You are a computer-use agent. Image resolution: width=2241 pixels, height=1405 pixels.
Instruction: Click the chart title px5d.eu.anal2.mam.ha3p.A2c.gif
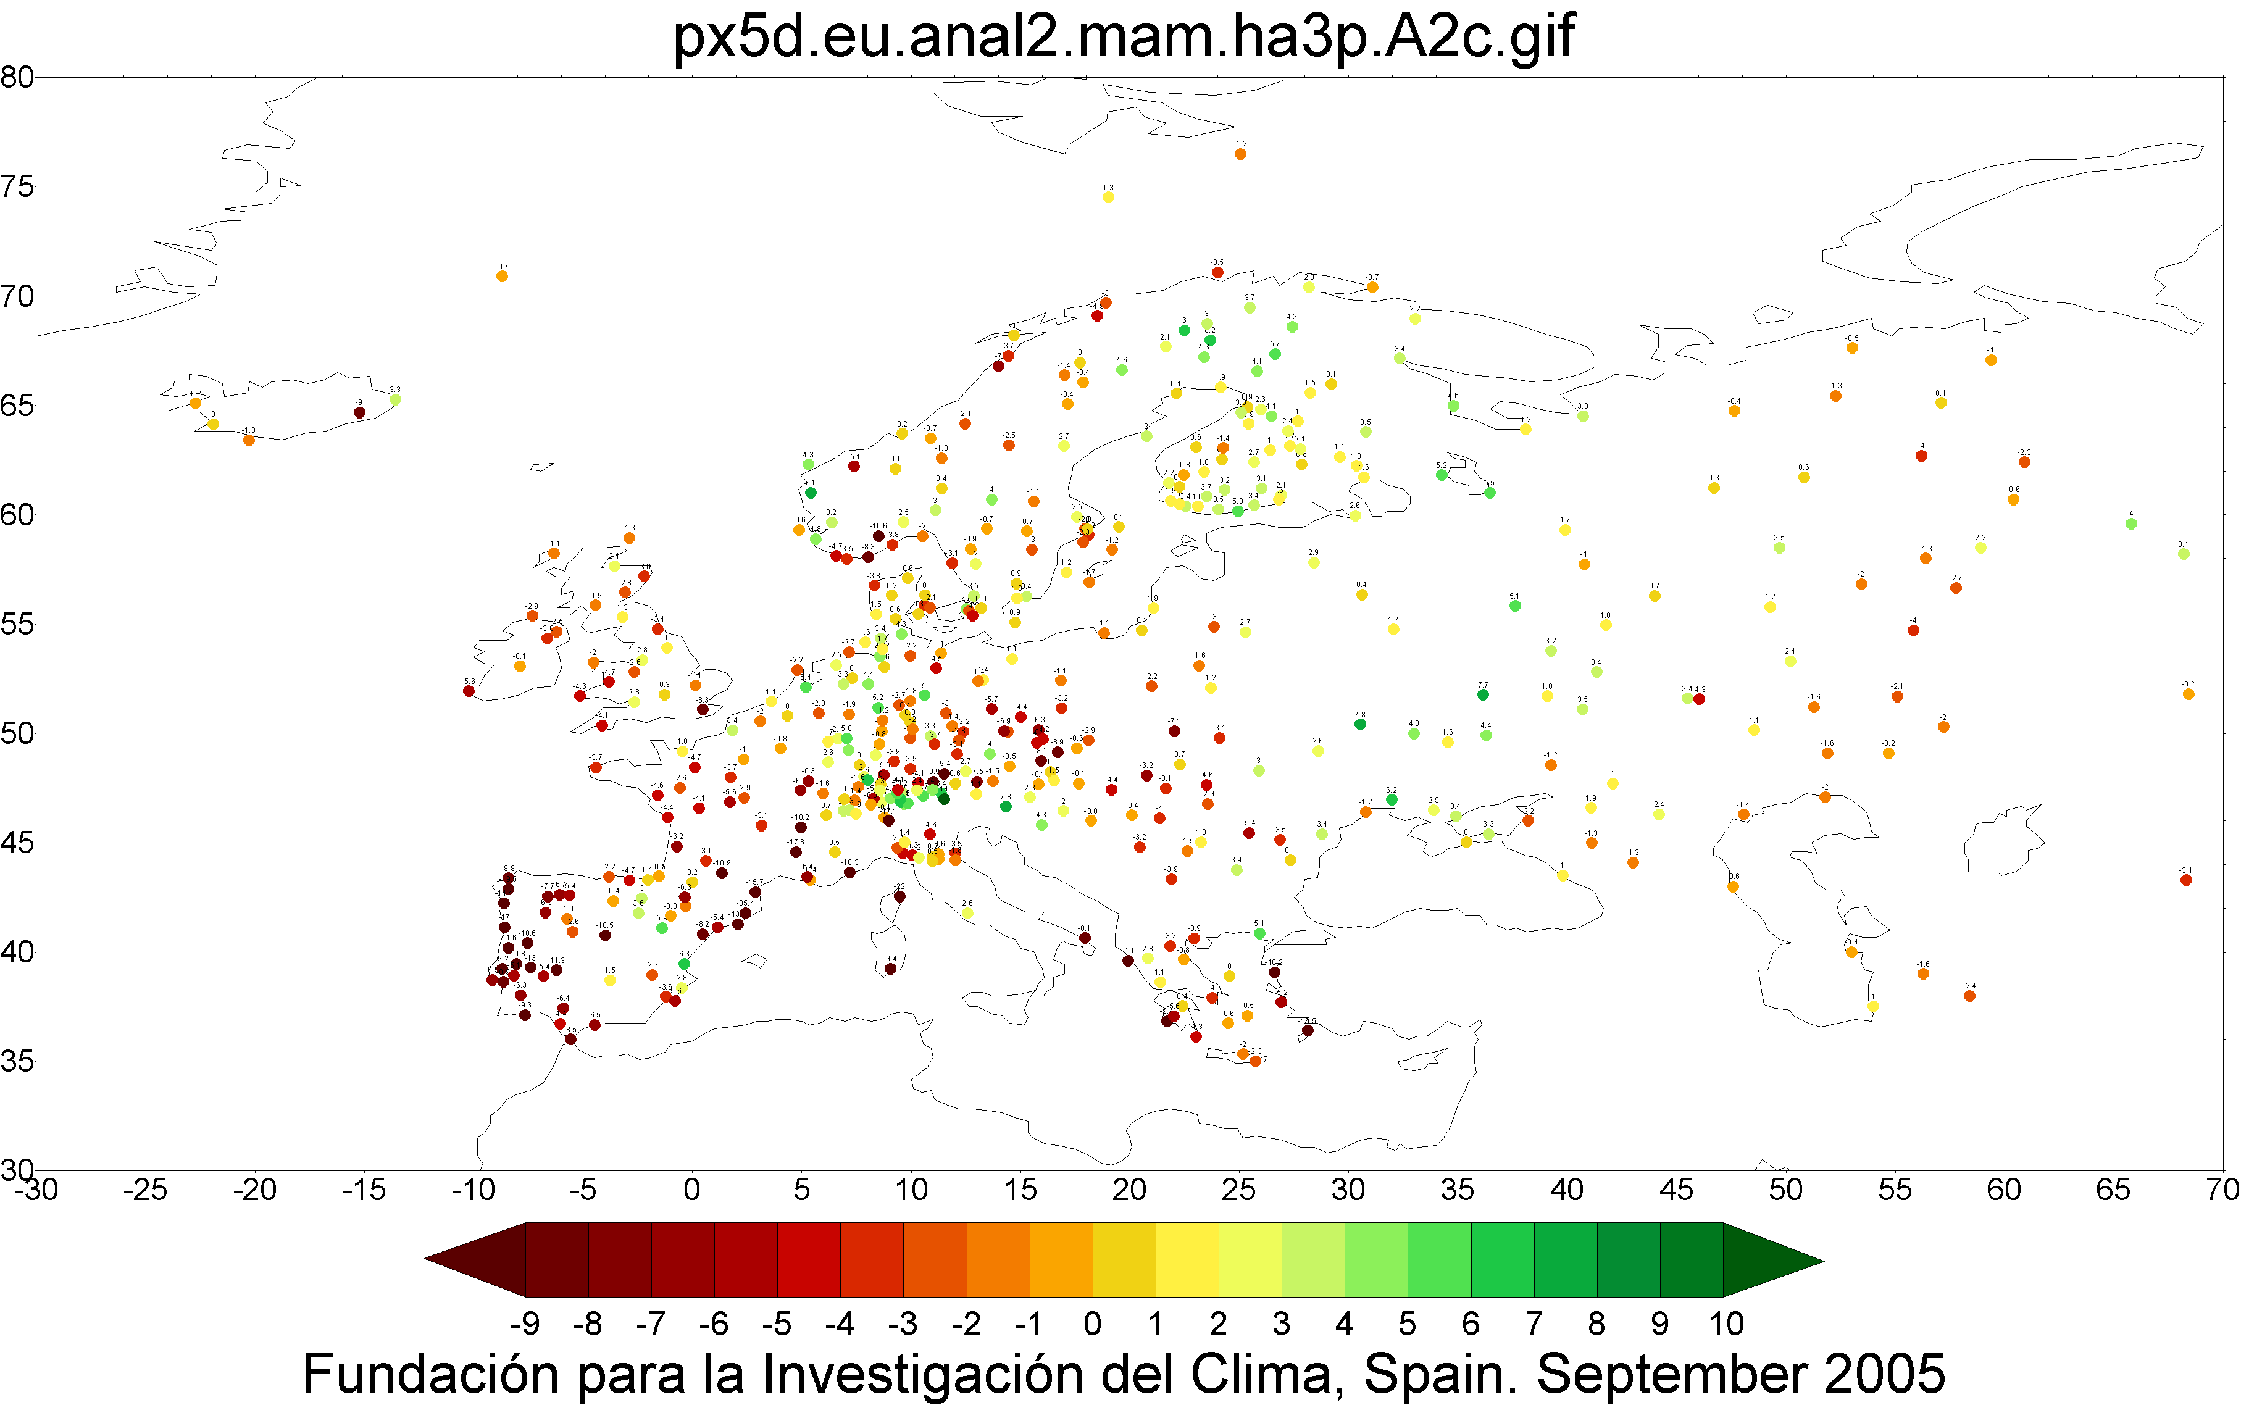point(1122,37)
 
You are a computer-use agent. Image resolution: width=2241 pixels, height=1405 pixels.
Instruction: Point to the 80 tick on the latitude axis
point(17,77)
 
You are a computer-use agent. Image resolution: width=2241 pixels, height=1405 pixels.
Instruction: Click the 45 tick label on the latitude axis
point(17,843)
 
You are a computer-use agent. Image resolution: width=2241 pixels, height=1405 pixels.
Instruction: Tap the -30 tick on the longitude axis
point(35,1190)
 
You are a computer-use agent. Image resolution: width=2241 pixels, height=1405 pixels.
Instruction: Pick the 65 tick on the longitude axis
point(2112,1190)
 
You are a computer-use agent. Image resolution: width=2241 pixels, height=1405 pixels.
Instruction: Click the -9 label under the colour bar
point(525,1324)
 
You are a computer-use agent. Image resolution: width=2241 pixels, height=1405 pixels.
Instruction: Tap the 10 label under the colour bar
point(1726,1324)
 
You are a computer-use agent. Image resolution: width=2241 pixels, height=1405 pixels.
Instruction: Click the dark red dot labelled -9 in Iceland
point(359,412)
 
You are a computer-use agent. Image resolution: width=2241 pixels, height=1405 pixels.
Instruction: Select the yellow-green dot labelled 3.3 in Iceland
point(395,399)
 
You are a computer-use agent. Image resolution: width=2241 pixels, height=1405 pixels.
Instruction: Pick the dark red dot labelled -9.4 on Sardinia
point(890,969)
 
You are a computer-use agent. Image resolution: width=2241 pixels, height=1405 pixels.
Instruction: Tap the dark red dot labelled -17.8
point(795,852)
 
